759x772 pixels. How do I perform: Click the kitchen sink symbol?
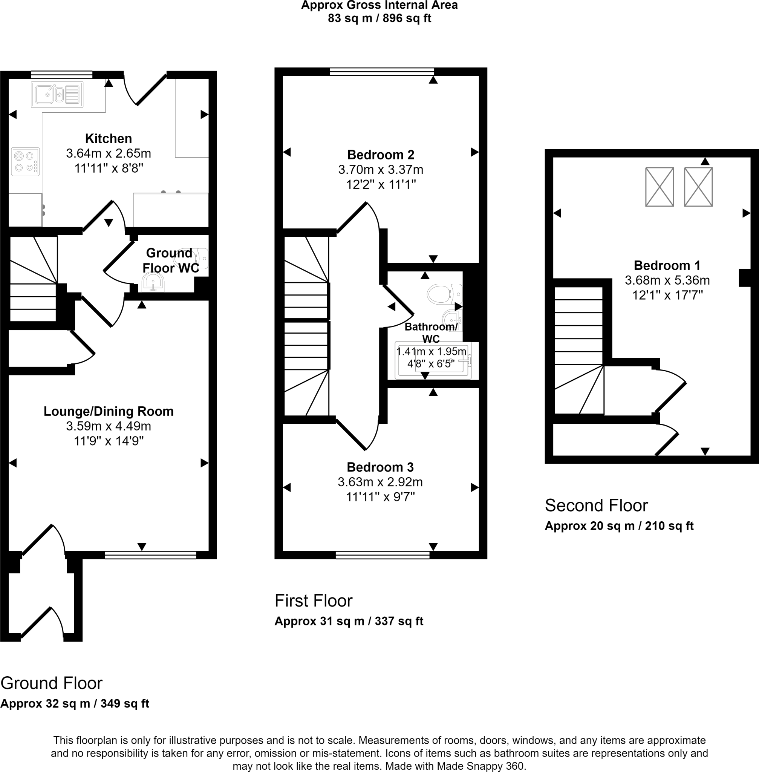pos(57,95)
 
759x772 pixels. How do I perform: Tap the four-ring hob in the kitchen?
pos(26,161)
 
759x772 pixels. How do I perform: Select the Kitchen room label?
pos(109,138)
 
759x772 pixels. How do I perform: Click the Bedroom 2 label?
pos(381,154)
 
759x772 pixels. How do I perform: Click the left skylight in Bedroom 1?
pos(660,187)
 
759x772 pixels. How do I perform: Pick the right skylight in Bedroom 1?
pos(698,187)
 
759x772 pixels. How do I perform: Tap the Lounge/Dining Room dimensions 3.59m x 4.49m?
pos(109,426)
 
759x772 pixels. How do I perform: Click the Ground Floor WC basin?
pos(152,283)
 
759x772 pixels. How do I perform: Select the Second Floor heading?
pos(596,505)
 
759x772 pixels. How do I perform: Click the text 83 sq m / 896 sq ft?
pos(379,18)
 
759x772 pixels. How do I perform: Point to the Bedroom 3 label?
pos(380,467)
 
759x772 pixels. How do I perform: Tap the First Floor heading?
pos(313,600)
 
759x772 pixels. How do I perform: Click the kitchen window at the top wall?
pos(61,74)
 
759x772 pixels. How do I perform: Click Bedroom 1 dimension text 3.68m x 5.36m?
pos(667,280)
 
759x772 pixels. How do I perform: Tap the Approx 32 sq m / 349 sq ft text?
pos(75,703)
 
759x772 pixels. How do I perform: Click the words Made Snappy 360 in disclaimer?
pos(480,766)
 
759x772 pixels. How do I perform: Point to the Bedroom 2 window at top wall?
pos(381,71)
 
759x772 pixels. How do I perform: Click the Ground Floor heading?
pos(51,683)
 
